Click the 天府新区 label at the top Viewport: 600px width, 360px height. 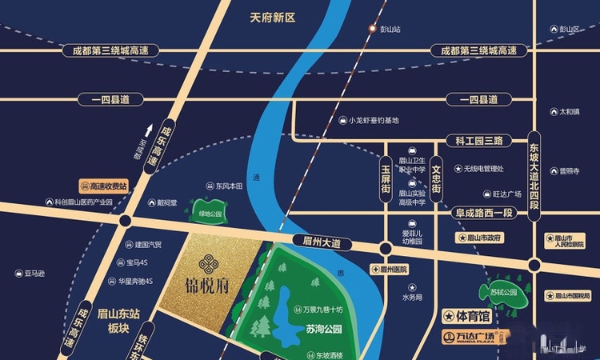click(273, 15)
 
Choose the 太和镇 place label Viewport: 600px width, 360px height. click(569, 112)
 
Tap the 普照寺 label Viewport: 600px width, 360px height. click(569, 170)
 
